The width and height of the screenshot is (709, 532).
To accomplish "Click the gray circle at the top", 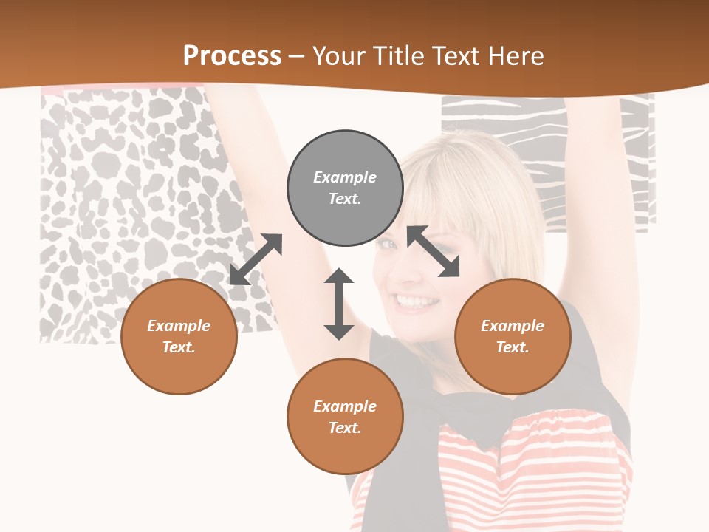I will click(x=345, y=188).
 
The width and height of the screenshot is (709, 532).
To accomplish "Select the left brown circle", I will click(x=179, y=336).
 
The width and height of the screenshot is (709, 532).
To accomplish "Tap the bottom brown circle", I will click(x=345, y=417).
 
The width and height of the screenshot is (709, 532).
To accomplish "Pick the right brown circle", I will click(x=513, y=336).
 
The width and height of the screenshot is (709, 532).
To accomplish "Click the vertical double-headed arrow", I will click(x=339, y=304).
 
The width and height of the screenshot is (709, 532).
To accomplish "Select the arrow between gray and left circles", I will click(x=256, y=259).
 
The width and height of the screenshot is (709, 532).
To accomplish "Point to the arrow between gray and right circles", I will click(x=433, y=251).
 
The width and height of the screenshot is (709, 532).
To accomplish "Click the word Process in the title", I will click(x=232, y=55).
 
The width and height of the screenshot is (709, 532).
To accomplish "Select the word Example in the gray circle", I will click(x=345, y=177).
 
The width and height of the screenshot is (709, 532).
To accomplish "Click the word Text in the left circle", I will click(x=179, y=347).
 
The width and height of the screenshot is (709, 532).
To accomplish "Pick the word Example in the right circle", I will click(x=513, y=326).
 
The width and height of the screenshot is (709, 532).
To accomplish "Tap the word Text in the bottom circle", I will click(x=345, y=428).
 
